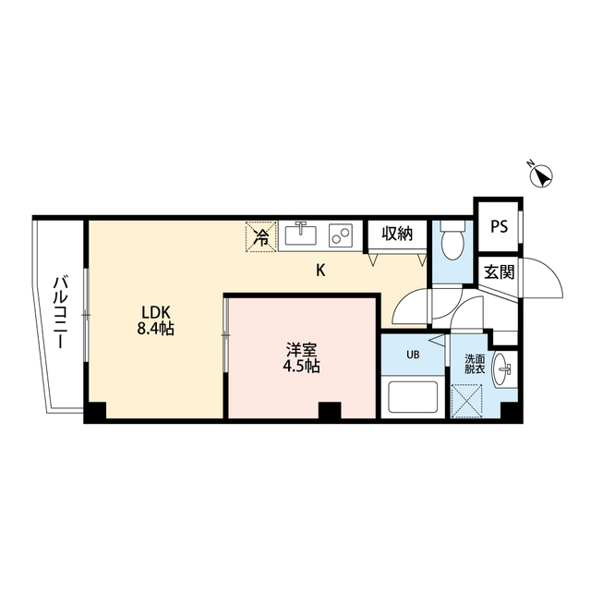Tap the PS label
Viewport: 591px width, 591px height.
pos(499,224)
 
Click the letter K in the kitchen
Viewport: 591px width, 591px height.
pos(321,271)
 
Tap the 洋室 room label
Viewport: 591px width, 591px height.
pos(301,349)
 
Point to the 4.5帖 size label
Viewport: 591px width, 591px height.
pos(301,367)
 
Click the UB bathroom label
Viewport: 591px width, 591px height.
pos(414,353)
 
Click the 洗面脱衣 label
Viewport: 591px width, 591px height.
pos(475,364)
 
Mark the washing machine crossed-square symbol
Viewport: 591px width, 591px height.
pos(471,401)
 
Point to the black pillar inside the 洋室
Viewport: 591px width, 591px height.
pos(329,412)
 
